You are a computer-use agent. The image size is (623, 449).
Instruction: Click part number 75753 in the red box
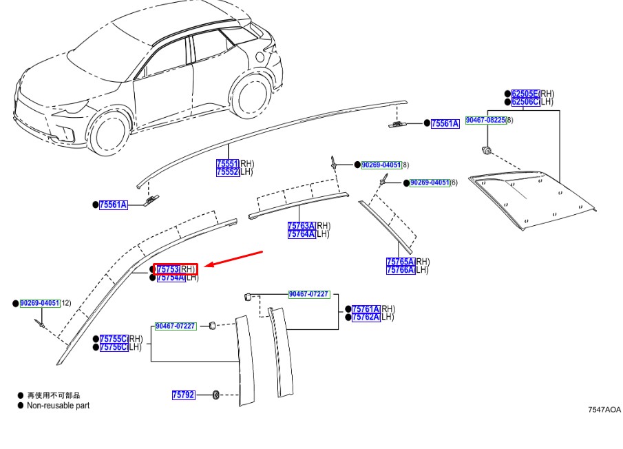[x=169, y=269]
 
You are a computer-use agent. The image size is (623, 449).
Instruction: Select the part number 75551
[x=228, y=164]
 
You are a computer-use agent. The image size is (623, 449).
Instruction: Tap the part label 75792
[x=184, y=395]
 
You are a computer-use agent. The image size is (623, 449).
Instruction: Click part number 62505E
[x=525, y=94]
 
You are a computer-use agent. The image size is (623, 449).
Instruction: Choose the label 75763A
[x=302, y=226]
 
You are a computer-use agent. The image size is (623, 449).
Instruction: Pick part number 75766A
[x=401, y=270]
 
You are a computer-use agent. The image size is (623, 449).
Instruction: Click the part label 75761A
[x=366, y=309]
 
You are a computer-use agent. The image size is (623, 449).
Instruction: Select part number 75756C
[x=114, y=347]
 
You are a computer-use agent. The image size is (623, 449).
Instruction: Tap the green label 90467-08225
[x=486, y=120]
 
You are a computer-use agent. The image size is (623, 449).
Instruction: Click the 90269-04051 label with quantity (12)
[x=40, y=303]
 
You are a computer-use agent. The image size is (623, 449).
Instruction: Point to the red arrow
[x=235, y=258]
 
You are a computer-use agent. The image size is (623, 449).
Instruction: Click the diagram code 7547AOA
[x=604, y=409]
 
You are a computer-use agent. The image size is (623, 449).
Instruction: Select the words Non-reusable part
[x=58, y=406]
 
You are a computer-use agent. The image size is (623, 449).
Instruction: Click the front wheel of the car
[x=109, y=134]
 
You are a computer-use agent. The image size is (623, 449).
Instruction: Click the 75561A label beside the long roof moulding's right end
[x=445, y=123]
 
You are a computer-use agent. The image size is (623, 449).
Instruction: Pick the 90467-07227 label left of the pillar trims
[x=176, y=326]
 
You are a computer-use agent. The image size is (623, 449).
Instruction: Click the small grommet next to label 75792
[x=215, y=395]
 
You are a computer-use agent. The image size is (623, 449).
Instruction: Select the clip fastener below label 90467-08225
[x=486, y=150]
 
